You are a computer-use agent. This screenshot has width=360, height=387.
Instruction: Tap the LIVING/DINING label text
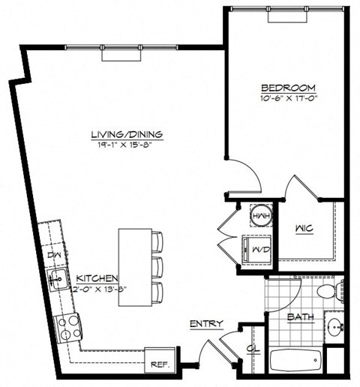pyautogui.click(x=127, y=134)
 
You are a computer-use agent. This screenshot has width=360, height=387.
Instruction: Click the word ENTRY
pyautogui.click(x=205, y=323)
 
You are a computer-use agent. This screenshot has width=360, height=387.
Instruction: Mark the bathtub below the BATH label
pyautogui.click(x=294, y=362)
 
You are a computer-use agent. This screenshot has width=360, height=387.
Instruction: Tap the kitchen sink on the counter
pyautogui.click(x=57, y=280)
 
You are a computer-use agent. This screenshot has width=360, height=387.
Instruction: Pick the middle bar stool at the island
pyautogui.click(x=156, y=265)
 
